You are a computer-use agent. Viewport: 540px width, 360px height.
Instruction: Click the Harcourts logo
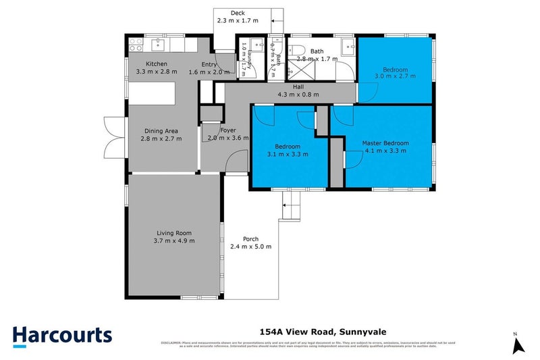[x=62, y=336]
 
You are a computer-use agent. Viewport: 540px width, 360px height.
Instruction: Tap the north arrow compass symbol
[x=518, y=344]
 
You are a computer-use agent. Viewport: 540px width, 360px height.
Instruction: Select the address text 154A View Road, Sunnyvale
[x=322, y=332]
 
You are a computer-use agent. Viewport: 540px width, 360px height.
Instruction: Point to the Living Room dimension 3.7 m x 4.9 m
[x=173, y=240]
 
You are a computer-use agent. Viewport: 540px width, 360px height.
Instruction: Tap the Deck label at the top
[x=237, y=13]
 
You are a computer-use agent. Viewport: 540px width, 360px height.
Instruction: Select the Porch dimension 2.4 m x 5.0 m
[x=251, y=247]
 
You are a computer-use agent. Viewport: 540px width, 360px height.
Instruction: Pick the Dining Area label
[x=161, y=131]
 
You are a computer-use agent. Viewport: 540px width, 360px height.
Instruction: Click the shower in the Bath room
[x=299, y=70]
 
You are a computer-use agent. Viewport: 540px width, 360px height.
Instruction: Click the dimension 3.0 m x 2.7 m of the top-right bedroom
[x=395, y=77]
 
